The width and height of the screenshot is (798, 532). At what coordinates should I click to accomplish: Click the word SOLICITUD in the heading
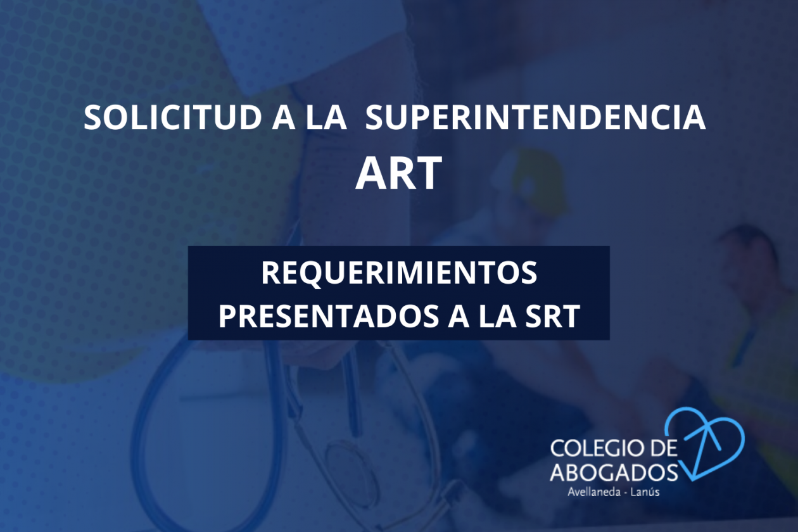point(173,117)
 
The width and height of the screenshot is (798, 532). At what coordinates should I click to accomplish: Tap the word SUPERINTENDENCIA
point(535,117)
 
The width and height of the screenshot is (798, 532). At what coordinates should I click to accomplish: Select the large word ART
point(398,173)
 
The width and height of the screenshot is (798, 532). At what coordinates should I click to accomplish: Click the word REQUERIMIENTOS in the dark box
point(399,272)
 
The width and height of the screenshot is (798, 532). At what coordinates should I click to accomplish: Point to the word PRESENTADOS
point(329,316)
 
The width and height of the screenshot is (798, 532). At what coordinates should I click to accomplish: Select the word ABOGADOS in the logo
point(614,472)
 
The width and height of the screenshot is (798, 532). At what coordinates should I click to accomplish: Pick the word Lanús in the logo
point(645,492)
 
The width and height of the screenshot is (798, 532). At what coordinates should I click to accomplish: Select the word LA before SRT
point(497,316)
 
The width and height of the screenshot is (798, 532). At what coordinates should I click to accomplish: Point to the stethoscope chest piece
point(351,463)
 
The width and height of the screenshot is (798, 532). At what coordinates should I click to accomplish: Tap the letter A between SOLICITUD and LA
point(284,117)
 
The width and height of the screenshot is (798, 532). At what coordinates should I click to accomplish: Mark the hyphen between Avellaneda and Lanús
point(624,493)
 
